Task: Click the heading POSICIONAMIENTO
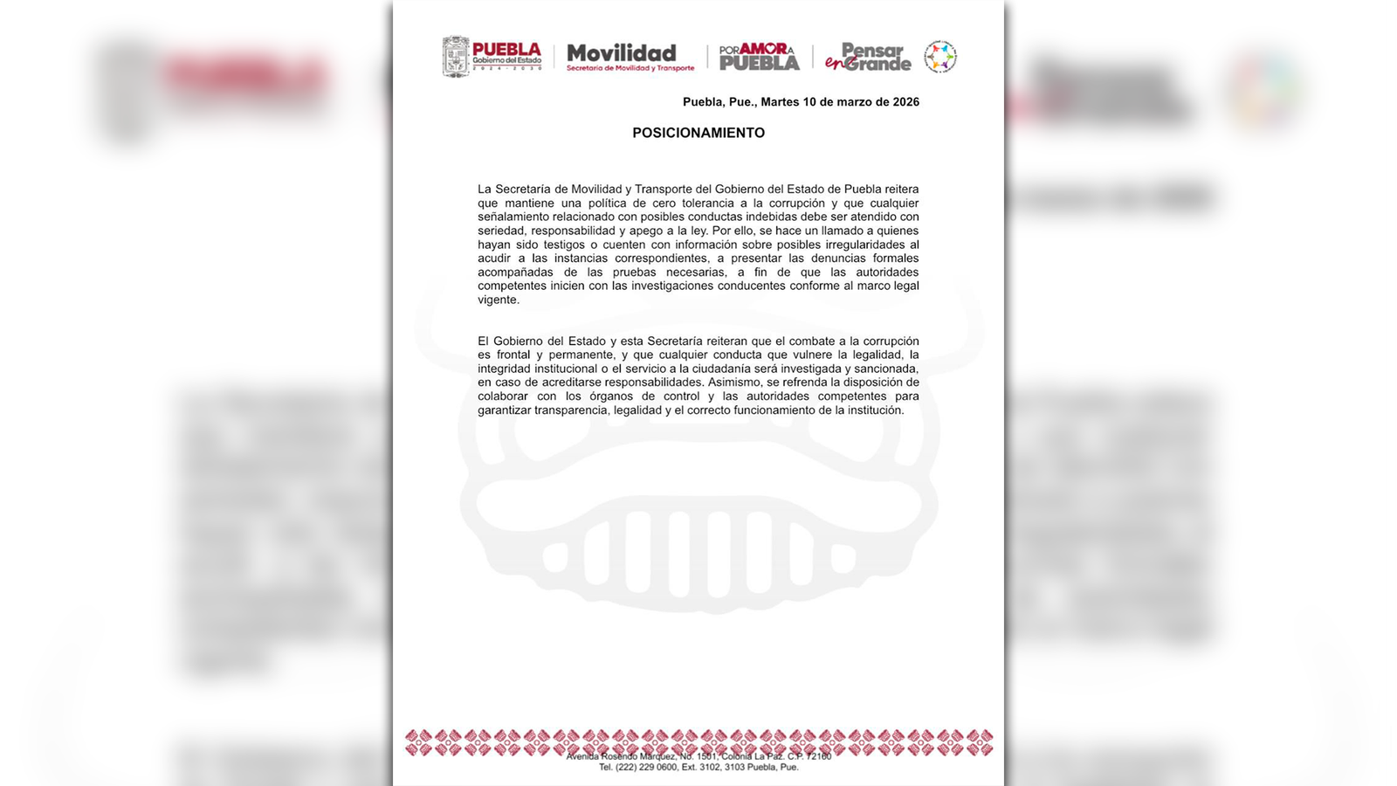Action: tap(698, 133)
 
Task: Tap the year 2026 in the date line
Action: tap(905, 102)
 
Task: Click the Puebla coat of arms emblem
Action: tap(456, 57)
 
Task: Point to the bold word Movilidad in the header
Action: tap(622, 52)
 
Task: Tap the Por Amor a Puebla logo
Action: tap(759, 57)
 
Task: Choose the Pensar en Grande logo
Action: tap(868, 57)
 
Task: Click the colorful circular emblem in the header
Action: tap(940, 57)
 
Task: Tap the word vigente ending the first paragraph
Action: tap(498, 300)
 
